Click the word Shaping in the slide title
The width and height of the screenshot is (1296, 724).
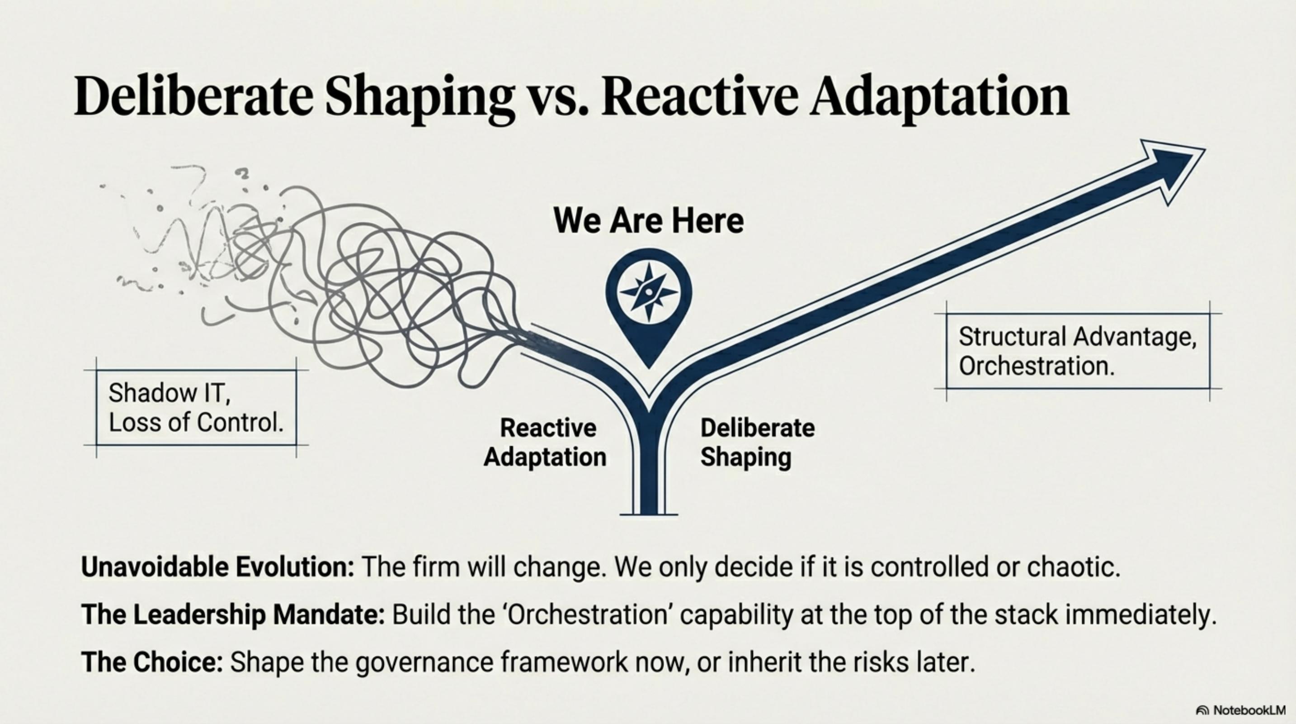pos(419,99)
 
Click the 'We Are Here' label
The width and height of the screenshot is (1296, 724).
pos(649,220)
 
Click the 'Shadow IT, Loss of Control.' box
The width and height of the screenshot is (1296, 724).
pos(196,408)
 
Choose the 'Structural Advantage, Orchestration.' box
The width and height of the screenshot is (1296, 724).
pos(1078,352)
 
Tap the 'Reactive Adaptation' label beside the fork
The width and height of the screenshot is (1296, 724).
pos(545,443)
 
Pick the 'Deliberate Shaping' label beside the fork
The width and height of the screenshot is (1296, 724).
pos(758,443)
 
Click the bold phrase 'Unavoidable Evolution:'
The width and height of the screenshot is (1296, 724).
pos(218,567)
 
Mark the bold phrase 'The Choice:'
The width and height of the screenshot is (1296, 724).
pos(152,662)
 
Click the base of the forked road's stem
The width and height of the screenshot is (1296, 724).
pos(649,514)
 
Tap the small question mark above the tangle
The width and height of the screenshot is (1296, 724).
pos(244,174)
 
